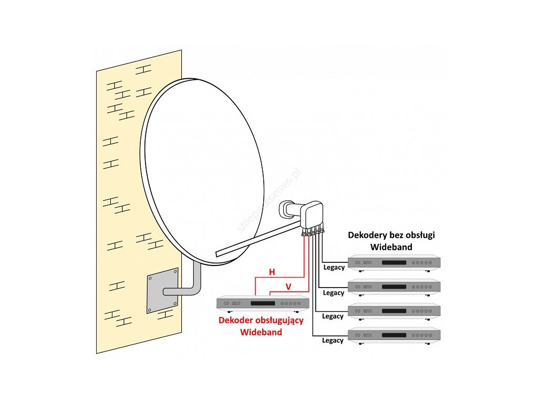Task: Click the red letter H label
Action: [x=272, y=272]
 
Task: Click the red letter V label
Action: [x=288, y=286]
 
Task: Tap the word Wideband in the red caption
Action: [x=261, y=332]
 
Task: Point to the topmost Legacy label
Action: [x=334, y=268]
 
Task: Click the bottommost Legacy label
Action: [x=333, y=341]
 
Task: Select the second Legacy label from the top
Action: [x=334, y=293]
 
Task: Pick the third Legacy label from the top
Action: [x=333, y=316]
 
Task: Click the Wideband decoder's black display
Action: [x=263, y=303]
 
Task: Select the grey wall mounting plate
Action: [x=162, y=291]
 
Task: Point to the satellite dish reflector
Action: [x=202, y=168]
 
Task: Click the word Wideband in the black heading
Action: [x=391, y=247]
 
